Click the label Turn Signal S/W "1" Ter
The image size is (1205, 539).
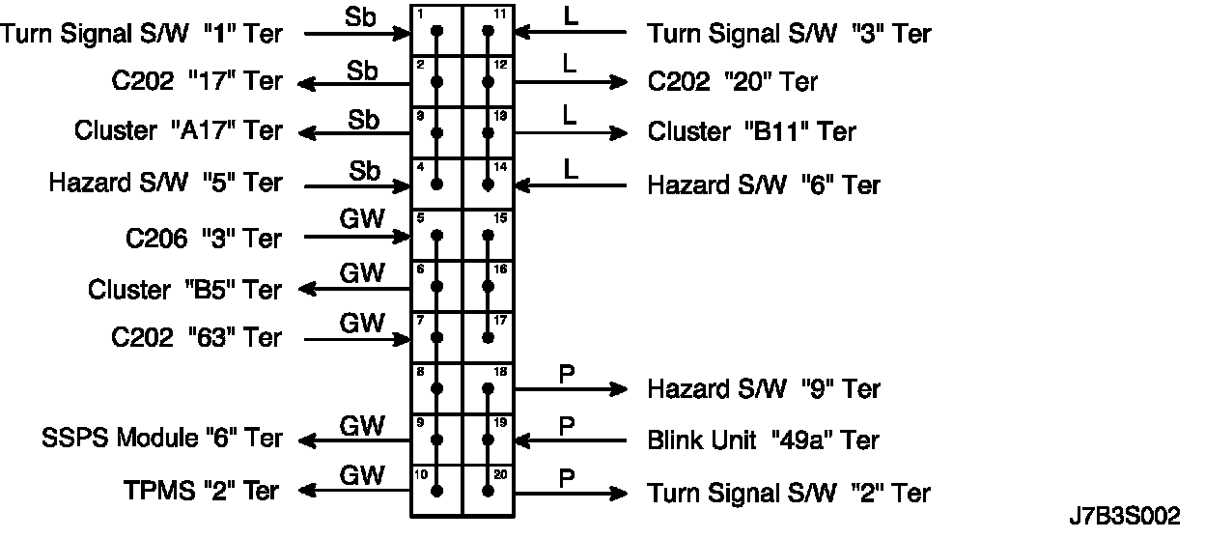pyautogui.click(x=142, y=34)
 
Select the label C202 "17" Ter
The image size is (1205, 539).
pyautogui.click(x=197, y=81)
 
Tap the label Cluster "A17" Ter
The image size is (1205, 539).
pyautogui.click(x=179, y=131)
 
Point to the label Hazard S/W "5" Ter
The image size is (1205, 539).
pyautogui.click(x=166, y=183)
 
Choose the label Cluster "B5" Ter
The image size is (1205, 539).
pyautogui.click(x=185, y=290)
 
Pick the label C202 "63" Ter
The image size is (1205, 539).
pyautogui.click(x=197, y=338)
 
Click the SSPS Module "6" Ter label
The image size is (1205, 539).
pyautogui.click(x=162, y=439)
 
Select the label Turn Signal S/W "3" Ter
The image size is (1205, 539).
pyautogui.click(x=789, y=34)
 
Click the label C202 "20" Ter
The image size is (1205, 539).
pyautogui.click(x=733, y=82)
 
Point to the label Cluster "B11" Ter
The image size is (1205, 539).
pyautogui.click(x=751, y=131)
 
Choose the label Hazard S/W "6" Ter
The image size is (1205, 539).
pyautogui.click(x=764, y=184)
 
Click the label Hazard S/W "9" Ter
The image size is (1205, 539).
pyautogui.click(x=764, y=389)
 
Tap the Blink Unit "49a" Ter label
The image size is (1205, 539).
pyautogui.click(x=763, y=440)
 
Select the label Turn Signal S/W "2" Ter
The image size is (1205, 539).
pyautogui.click(x=789, y=493)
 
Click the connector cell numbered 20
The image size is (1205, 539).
pyautogui.click(x=489, y=490)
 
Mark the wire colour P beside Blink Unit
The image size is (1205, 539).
pyautogui.click(x=568, y=425)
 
